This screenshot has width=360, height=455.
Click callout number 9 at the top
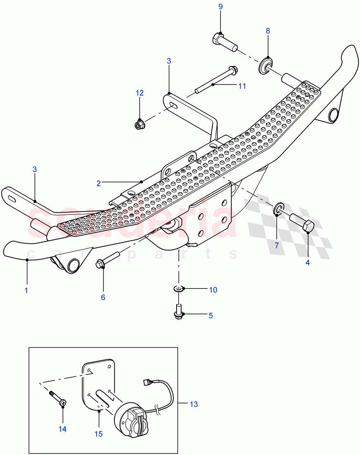tap(221, 6)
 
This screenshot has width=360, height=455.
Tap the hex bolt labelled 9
tap(224, 41)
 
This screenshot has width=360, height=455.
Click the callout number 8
tap(268, 31)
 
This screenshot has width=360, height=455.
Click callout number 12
tap(140, 93)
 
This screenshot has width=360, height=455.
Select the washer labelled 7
tap(279, 209)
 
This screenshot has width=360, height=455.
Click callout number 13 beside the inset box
tap(193, 404)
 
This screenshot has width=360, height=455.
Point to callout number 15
tap(98, 434)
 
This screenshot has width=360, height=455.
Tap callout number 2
tap(99, 183)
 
